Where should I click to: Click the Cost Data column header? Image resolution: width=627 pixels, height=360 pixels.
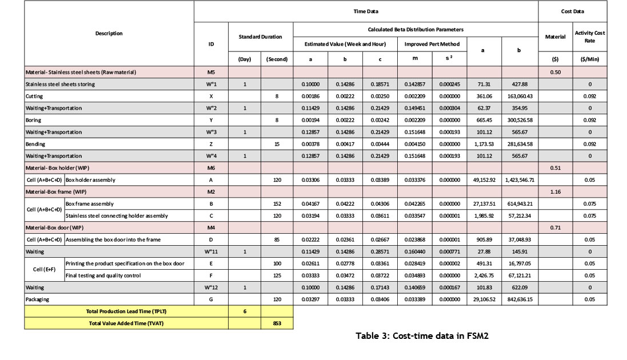[x=572, y=11]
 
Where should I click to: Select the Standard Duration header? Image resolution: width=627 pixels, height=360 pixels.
[x=260, y=37]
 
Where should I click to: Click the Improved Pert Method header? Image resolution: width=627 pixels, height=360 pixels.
[x=432, y=44]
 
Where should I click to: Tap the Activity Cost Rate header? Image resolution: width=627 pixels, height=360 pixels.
[x=589, y=37]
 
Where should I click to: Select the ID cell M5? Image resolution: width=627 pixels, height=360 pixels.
[x=211, y=73]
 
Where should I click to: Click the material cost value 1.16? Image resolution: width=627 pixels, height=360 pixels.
[x=555, y=191]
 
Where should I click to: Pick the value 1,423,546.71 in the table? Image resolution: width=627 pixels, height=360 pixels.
[x=519, y=179]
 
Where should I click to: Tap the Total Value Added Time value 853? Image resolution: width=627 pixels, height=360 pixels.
[x=277, y=323]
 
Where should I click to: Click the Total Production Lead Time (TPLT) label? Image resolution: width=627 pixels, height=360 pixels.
[x=126, y=311]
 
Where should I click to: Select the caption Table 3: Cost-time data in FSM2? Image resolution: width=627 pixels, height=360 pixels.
[x=422, y=335]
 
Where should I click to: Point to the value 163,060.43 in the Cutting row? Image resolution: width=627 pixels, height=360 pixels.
[x=519, y=97]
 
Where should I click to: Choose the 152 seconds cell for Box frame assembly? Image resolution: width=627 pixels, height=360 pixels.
[x=277, y=203]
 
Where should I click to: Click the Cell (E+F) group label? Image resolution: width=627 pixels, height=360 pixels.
[x=44, y=269]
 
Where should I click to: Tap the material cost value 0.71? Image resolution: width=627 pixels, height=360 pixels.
[x=555, y=227]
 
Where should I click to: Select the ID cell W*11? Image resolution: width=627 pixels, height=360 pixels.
[x=211, y=251]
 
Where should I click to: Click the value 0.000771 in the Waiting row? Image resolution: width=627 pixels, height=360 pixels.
[x=449, y=251]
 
